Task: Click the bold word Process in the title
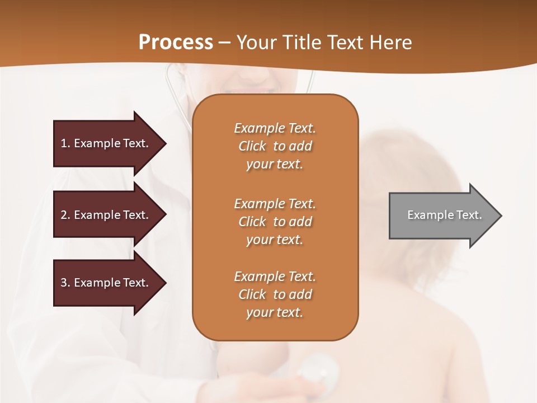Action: (176, 43)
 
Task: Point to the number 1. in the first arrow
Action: (65, 143)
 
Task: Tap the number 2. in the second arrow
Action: (65, 215)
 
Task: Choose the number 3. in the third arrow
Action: (65, 283)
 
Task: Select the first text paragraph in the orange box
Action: (275, 146)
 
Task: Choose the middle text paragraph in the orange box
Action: (275, 222)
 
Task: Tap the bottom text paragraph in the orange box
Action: (275, 294)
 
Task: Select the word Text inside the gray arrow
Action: (469, 215)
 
